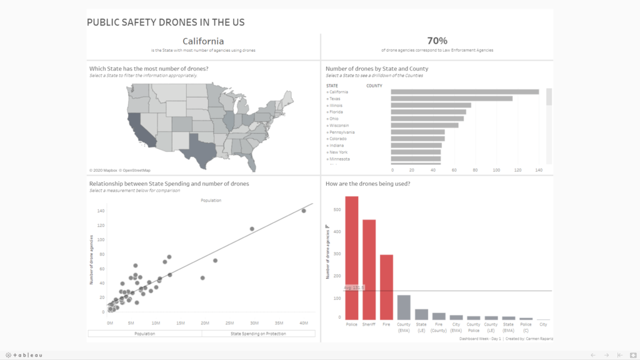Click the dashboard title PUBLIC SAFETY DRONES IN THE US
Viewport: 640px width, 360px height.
pyautogui.click(x=165, y=22)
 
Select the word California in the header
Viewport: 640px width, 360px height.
pyautogui.click(x=202, y=41)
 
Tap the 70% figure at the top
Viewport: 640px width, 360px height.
pyautogui.click(x=437, y=41)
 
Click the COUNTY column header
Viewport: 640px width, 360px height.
pyautogui.click(x=374, y=86)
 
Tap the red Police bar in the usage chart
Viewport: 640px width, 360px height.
pyautogui.click(x=352, y=257)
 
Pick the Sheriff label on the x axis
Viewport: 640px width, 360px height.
pyautogui.click(x=369, y=324)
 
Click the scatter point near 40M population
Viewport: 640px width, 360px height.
pyautogui.click(x=304, y=211)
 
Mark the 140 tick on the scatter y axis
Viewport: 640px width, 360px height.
pyautogui.click(x=101, y=211)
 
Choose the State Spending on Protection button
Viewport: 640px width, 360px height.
pyautogui.click(x=258, y=334)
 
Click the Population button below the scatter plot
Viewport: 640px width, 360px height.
pyautogui.click(x=144, y=334)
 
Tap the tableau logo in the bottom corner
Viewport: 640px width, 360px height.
pyautogui.click(x=26, y=355)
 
